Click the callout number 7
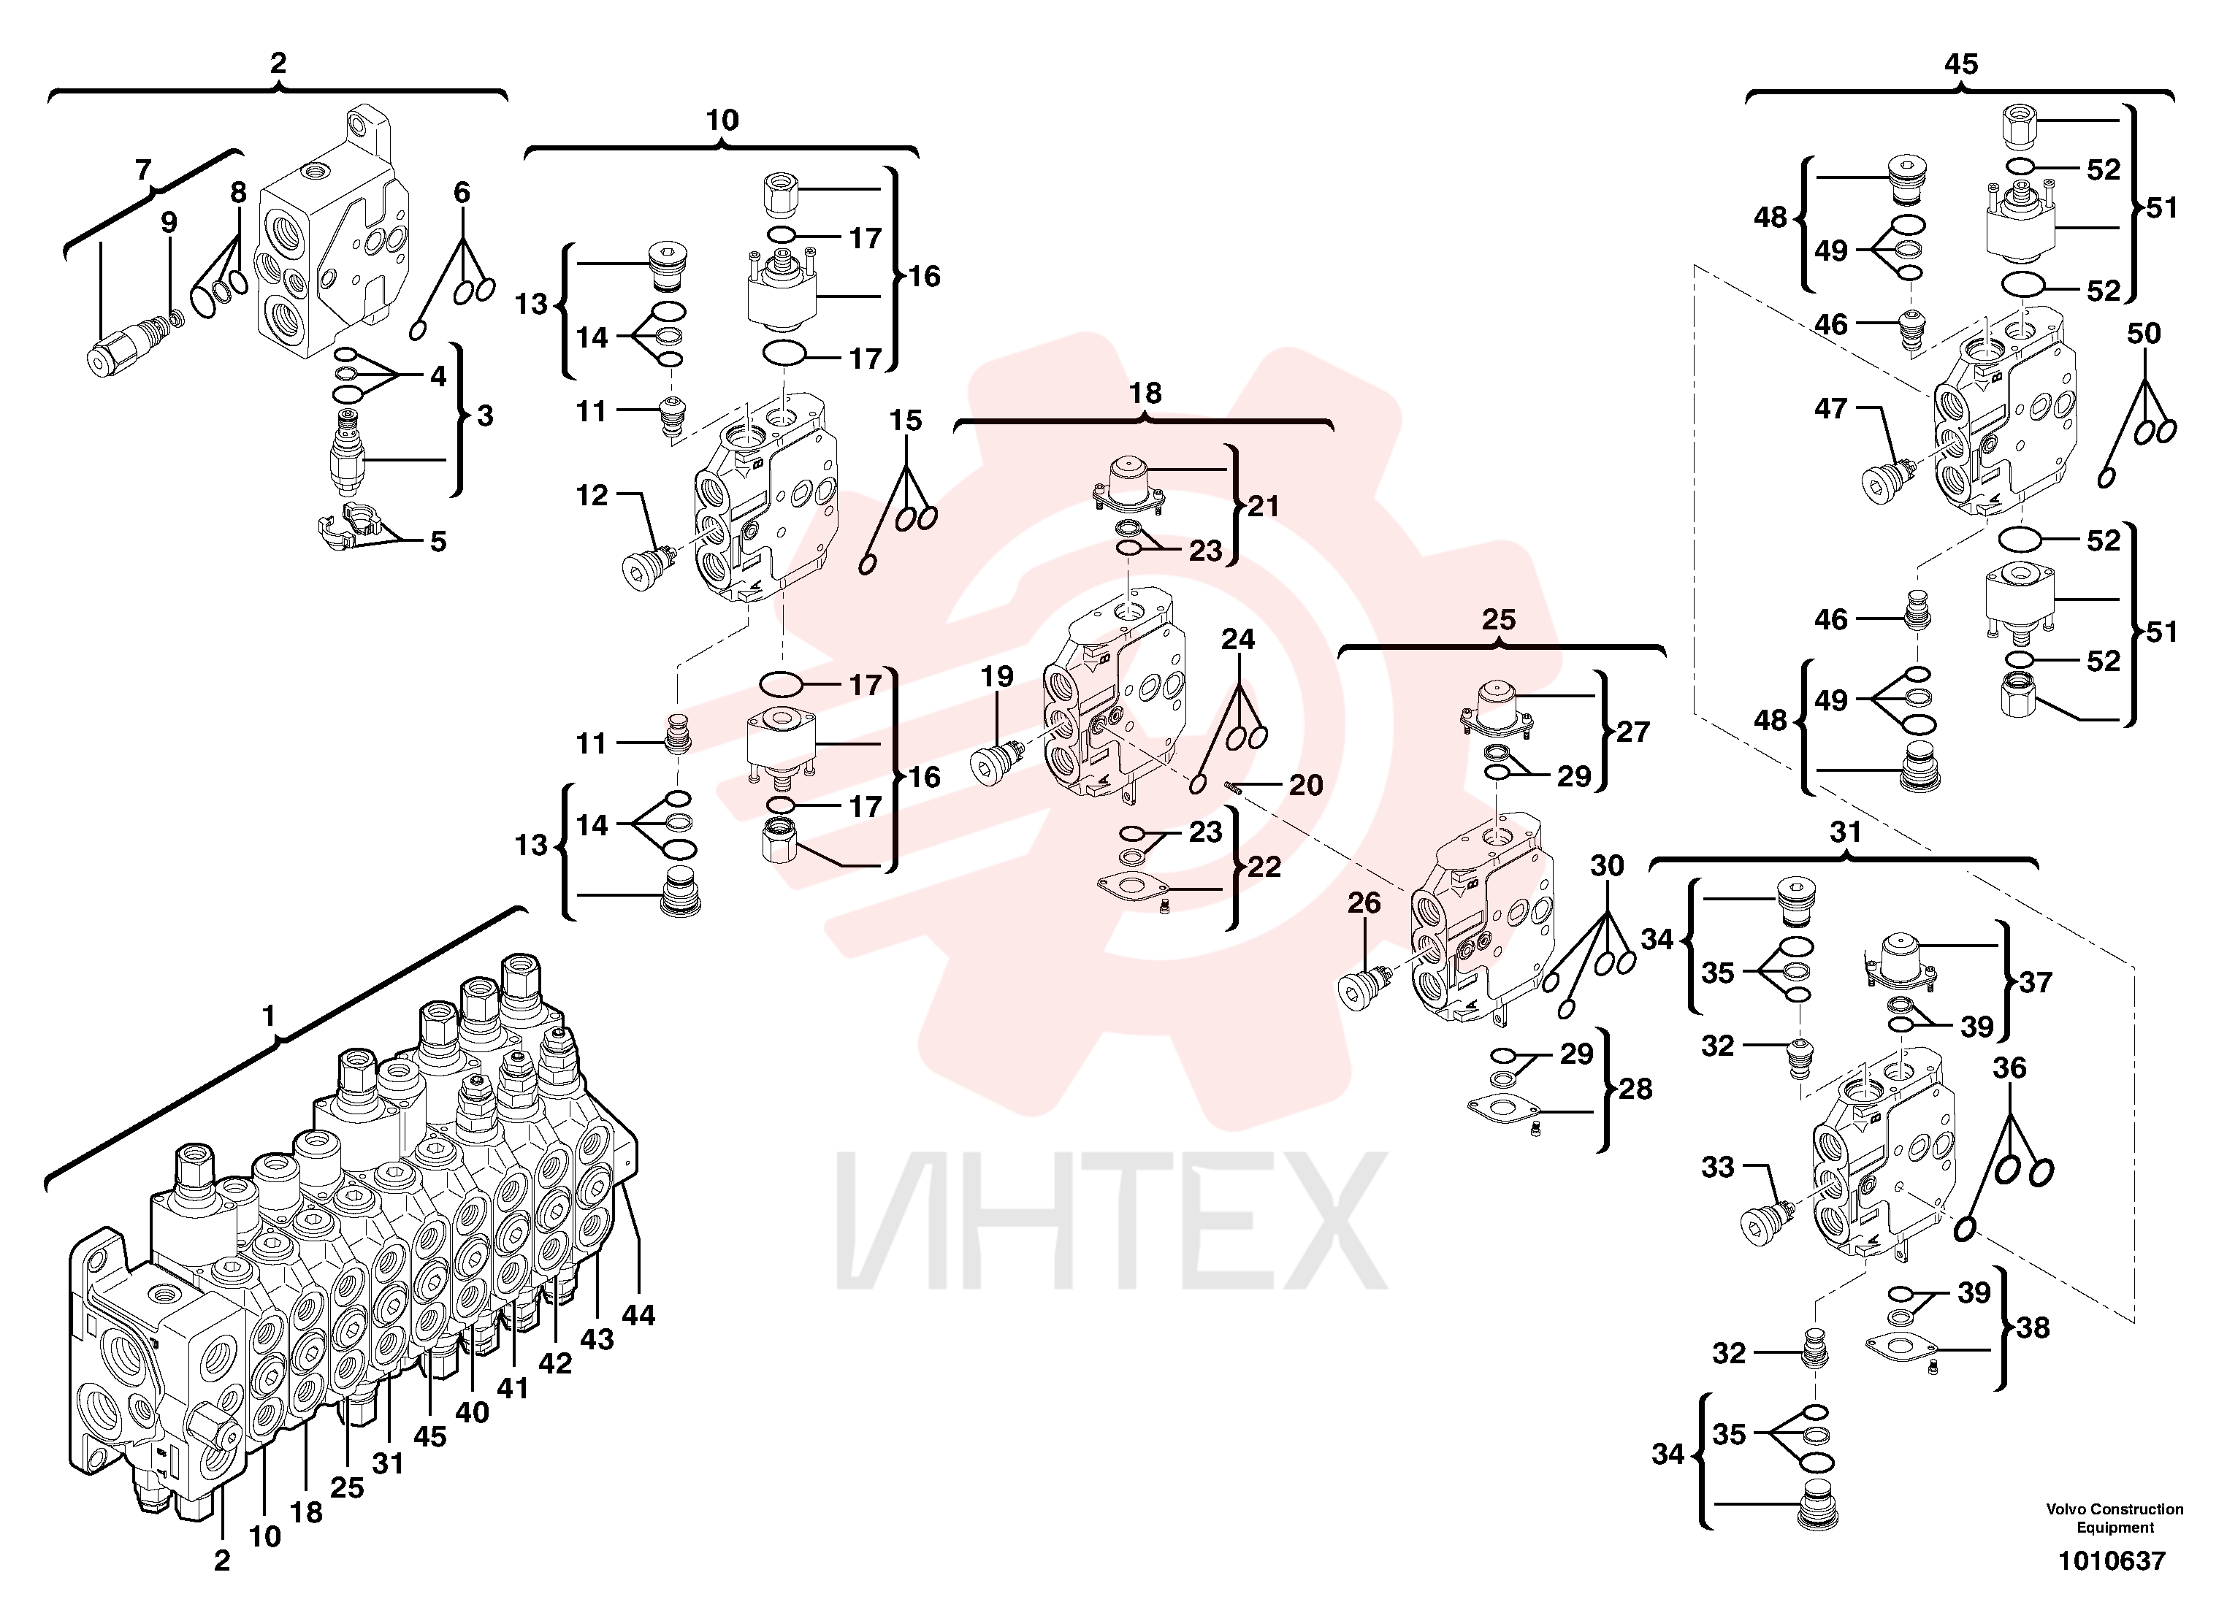[x=143, y=171]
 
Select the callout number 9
[x=169, y=223]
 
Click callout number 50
[x=2144, y=333]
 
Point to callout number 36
[x=2010, y=1068]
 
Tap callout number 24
[x=1238, y=639]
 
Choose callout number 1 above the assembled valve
[x=269, y=1016]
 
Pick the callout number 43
[x=596, y=1339]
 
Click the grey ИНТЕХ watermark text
[x=1112, y=1222]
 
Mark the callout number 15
[x=905, y=421]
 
